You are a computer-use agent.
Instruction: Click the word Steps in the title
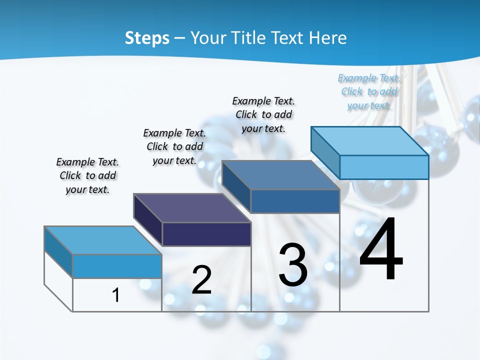pyautogui.click(x=146, y=38)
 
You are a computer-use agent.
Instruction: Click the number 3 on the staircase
pyautogui.click(x=293, y=264)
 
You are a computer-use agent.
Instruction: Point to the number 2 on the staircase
pyautogui.click(x=201, y=280)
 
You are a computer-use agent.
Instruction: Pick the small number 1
pyautogui.click(x=116, y=295)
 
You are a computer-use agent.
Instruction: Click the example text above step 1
pyautogui.click(x=87, y=175)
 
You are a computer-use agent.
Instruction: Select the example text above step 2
pyautogui.click(x=174, y=146)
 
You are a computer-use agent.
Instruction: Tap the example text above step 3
pyautogui.click(x=263, y=114)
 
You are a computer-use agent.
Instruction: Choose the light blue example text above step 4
pyautogui.click(x=369, y=91)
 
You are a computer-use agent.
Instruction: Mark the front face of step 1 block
pyautogui.click(x=117, y=266)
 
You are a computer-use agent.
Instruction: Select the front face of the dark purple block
pyautogui.click(x=206, y=234)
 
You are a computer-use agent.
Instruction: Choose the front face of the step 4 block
pyautogui.click(x=384, y=167)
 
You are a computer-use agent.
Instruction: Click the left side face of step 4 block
pyautogui.click(x=325, y=152)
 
